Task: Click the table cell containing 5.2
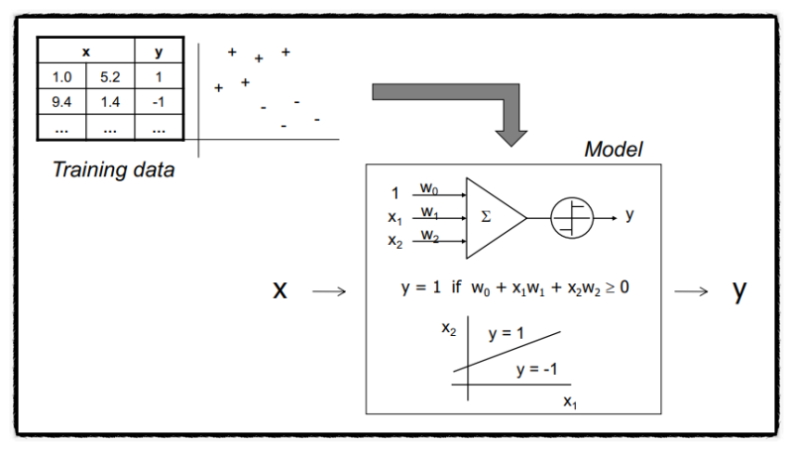110,76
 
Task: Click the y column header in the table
160,52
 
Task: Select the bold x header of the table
86,52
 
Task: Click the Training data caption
113,169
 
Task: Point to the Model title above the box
614,150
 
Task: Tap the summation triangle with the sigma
491,214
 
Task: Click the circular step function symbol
572,215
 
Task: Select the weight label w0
429,186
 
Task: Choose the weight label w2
429,235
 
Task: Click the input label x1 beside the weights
395,217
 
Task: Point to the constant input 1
395,193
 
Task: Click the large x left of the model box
281,289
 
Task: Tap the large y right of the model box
738,289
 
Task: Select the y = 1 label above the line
507,334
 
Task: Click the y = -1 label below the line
536,370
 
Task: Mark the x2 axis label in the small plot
449,327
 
